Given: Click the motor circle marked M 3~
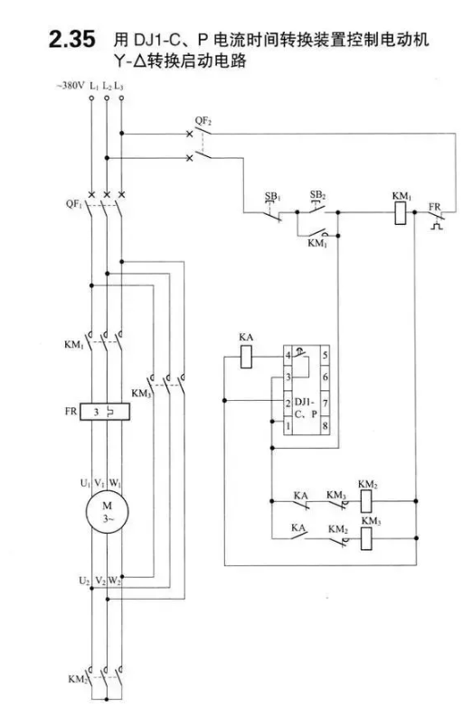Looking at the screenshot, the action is tap(107, 512).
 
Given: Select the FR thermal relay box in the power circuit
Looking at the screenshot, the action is tap(105, 412).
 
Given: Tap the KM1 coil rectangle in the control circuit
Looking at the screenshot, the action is tap(401, 212).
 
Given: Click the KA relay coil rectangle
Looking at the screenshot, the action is tap(246, 357).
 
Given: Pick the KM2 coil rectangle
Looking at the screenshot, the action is tap(367, 500).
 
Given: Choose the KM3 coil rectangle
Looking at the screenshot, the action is tap(367, 538).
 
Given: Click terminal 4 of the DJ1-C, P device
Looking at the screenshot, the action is tap(288, 356).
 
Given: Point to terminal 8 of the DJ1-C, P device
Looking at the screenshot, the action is tap(325, 425).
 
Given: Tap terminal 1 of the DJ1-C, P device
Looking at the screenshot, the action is tap(288, 425).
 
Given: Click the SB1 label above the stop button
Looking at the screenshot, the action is tap(272, 197).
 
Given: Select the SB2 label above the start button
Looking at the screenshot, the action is tap(317, 195).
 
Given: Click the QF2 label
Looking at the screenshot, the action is tap(203, 121).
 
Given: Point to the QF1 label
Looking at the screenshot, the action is tap(74, 204).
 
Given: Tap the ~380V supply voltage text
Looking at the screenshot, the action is tap(71, 86).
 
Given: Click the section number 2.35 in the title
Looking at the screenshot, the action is tap(72, 40).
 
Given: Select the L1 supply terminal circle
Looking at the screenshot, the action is tap(91, 98).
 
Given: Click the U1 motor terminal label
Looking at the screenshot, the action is tap(86, 483).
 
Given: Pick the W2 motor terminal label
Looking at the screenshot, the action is tap(115, 582).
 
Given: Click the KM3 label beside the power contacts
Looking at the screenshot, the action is tap(141, 393).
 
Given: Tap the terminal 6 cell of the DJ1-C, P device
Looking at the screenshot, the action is tap(325, 377).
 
